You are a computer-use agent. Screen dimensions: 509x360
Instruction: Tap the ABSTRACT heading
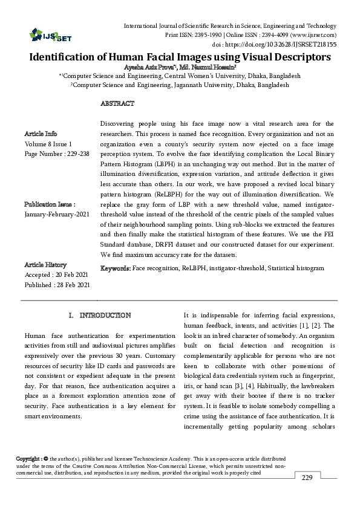pos(117,104)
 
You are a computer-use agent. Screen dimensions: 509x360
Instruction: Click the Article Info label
pos(41,134)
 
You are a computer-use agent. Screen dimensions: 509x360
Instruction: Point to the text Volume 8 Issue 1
pos(48,144)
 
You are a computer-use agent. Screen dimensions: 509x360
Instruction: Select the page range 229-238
pos(76,154)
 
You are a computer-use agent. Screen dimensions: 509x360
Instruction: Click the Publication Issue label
pos(49,204)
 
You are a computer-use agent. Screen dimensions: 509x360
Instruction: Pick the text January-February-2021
pos(56,215)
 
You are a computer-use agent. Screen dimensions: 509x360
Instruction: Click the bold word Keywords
pos(115,267)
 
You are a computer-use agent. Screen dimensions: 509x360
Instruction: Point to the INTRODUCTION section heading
pos(105,316)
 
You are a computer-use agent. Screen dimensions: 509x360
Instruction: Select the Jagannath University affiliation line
pos(180,86)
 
